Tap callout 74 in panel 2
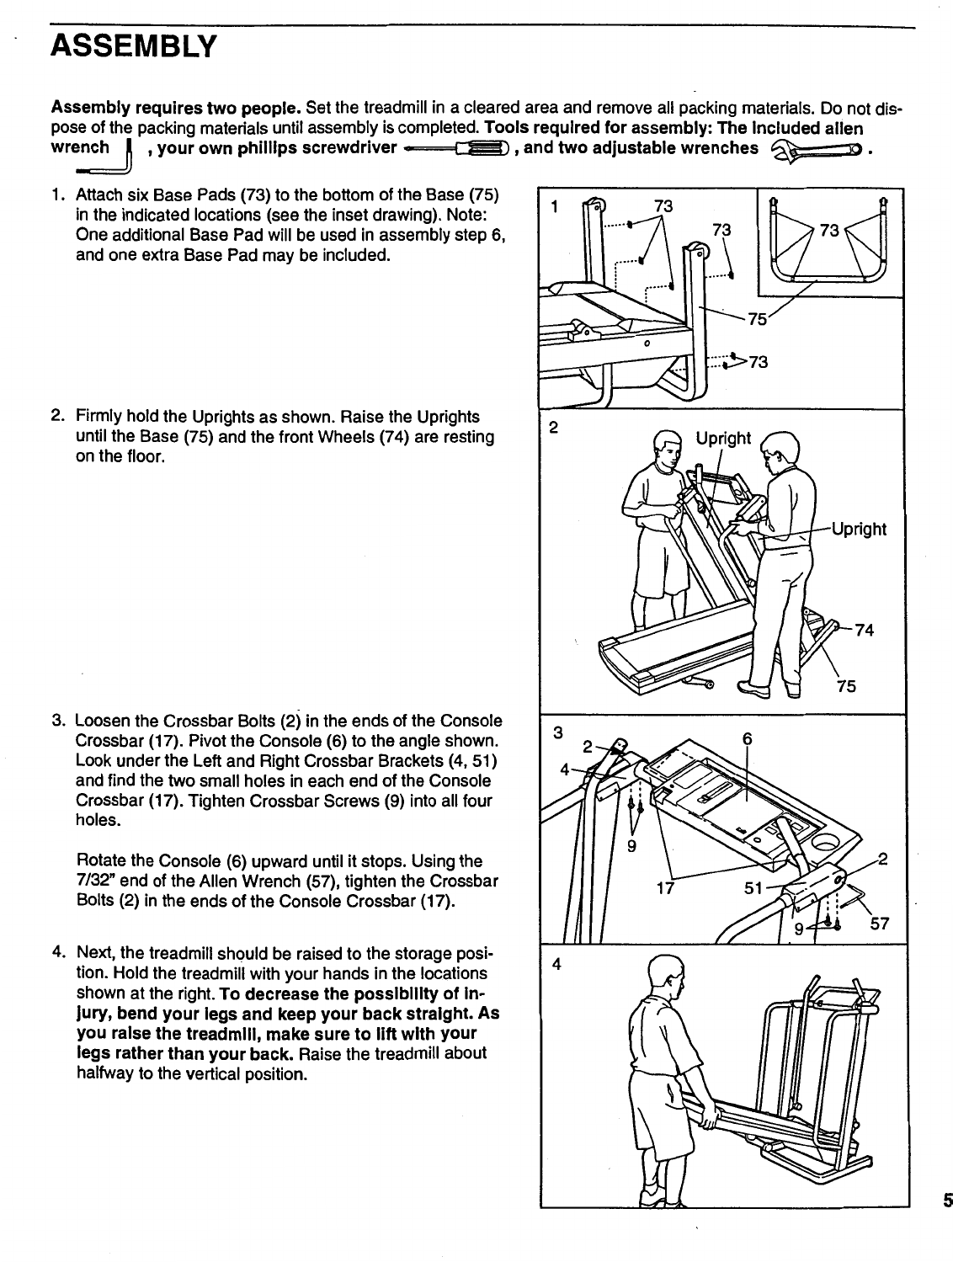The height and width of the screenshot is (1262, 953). (x=865, y=631)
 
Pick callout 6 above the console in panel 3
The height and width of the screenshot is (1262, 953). (x=747, y=739)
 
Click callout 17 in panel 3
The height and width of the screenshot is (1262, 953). (x=666, y=887)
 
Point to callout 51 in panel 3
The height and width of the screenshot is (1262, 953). (x=755, y=887)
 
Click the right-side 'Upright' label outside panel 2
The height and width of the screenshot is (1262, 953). (x=859, y=529)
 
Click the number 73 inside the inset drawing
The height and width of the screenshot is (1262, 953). (x=830, y=230)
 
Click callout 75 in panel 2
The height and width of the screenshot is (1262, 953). (x=846, y=686)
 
